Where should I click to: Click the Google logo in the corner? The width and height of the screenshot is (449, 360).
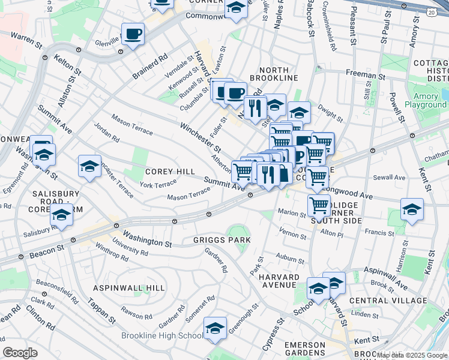20,352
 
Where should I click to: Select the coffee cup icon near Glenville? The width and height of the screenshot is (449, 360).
133,34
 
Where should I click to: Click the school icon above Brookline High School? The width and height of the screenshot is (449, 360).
215,328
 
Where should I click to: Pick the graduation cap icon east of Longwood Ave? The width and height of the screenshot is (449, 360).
412,210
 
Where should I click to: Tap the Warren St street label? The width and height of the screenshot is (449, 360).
26,40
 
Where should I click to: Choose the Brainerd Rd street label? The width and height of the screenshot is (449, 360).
150,67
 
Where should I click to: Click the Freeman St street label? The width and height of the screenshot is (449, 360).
365,76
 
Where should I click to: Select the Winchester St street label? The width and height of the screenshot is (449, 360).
200,137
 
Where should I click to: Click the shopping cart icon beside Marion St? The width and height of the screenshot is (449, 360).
319,205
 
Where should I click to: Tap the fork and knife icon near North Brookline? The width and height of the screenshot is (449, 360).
255,107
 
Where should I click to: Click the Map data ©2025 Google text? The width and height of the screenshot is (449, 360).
412,355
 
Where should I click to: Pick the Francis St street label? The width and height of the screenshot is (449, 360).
382,233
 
